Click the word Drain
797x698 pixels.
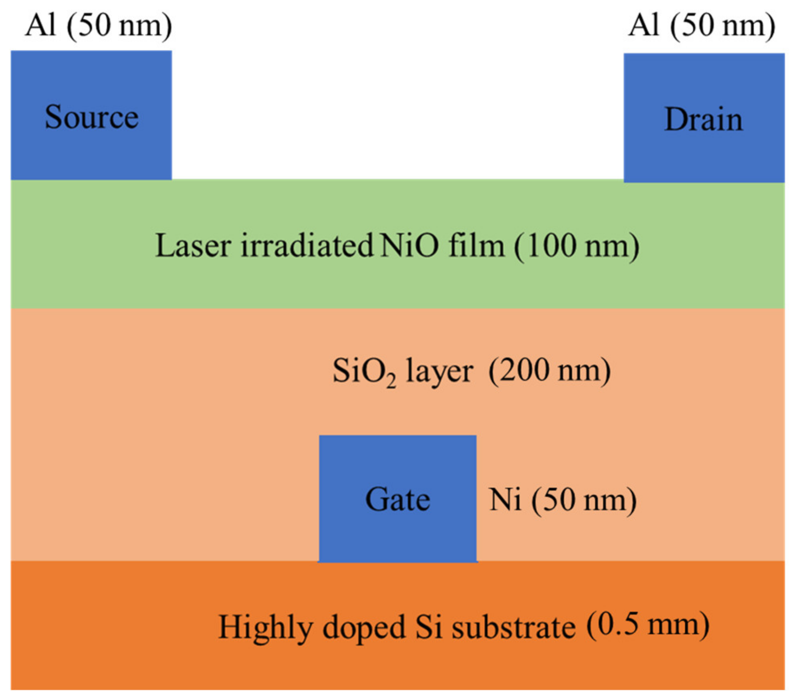coord(704,119)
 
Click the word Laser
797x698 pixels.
coord(193,246)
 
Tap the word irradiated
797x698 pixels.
coord(307,246)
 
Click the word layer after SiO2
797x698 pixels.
coord(439,373)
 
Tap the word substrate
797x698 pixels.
coord(513,627)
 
